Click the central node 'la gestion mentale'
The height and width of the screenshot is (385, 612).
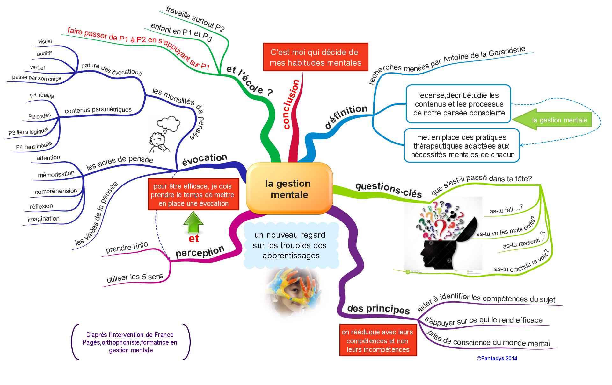[x=289, y=189]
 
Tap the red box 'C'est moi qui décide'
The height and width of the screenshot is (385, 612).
[x=315, y=57]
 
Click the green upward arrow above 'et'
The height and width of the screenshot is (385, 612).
[x=193, y=222]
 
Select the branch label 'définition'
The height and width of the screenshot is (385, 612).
[x=346, y=116]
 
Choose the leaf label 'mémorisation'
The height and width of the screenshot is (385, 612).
[x=56, y=174]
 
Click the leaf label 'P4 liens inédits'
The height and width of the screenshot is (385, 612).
[x=34, y=146]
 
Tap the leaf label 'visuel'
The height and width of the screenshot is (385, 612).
[x=45, y=41]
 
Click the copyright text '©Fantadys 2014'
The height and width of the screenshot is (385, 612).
[x=497, y=358]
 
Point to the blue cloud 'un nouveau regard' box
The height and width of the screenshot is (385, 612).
[x=290, y=245]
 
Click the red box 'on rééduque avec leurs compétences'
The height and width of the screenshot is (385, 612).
[x=378, y=340]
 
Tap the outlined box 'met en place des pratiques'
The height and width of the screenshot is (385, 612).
[x=462, y=146]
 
